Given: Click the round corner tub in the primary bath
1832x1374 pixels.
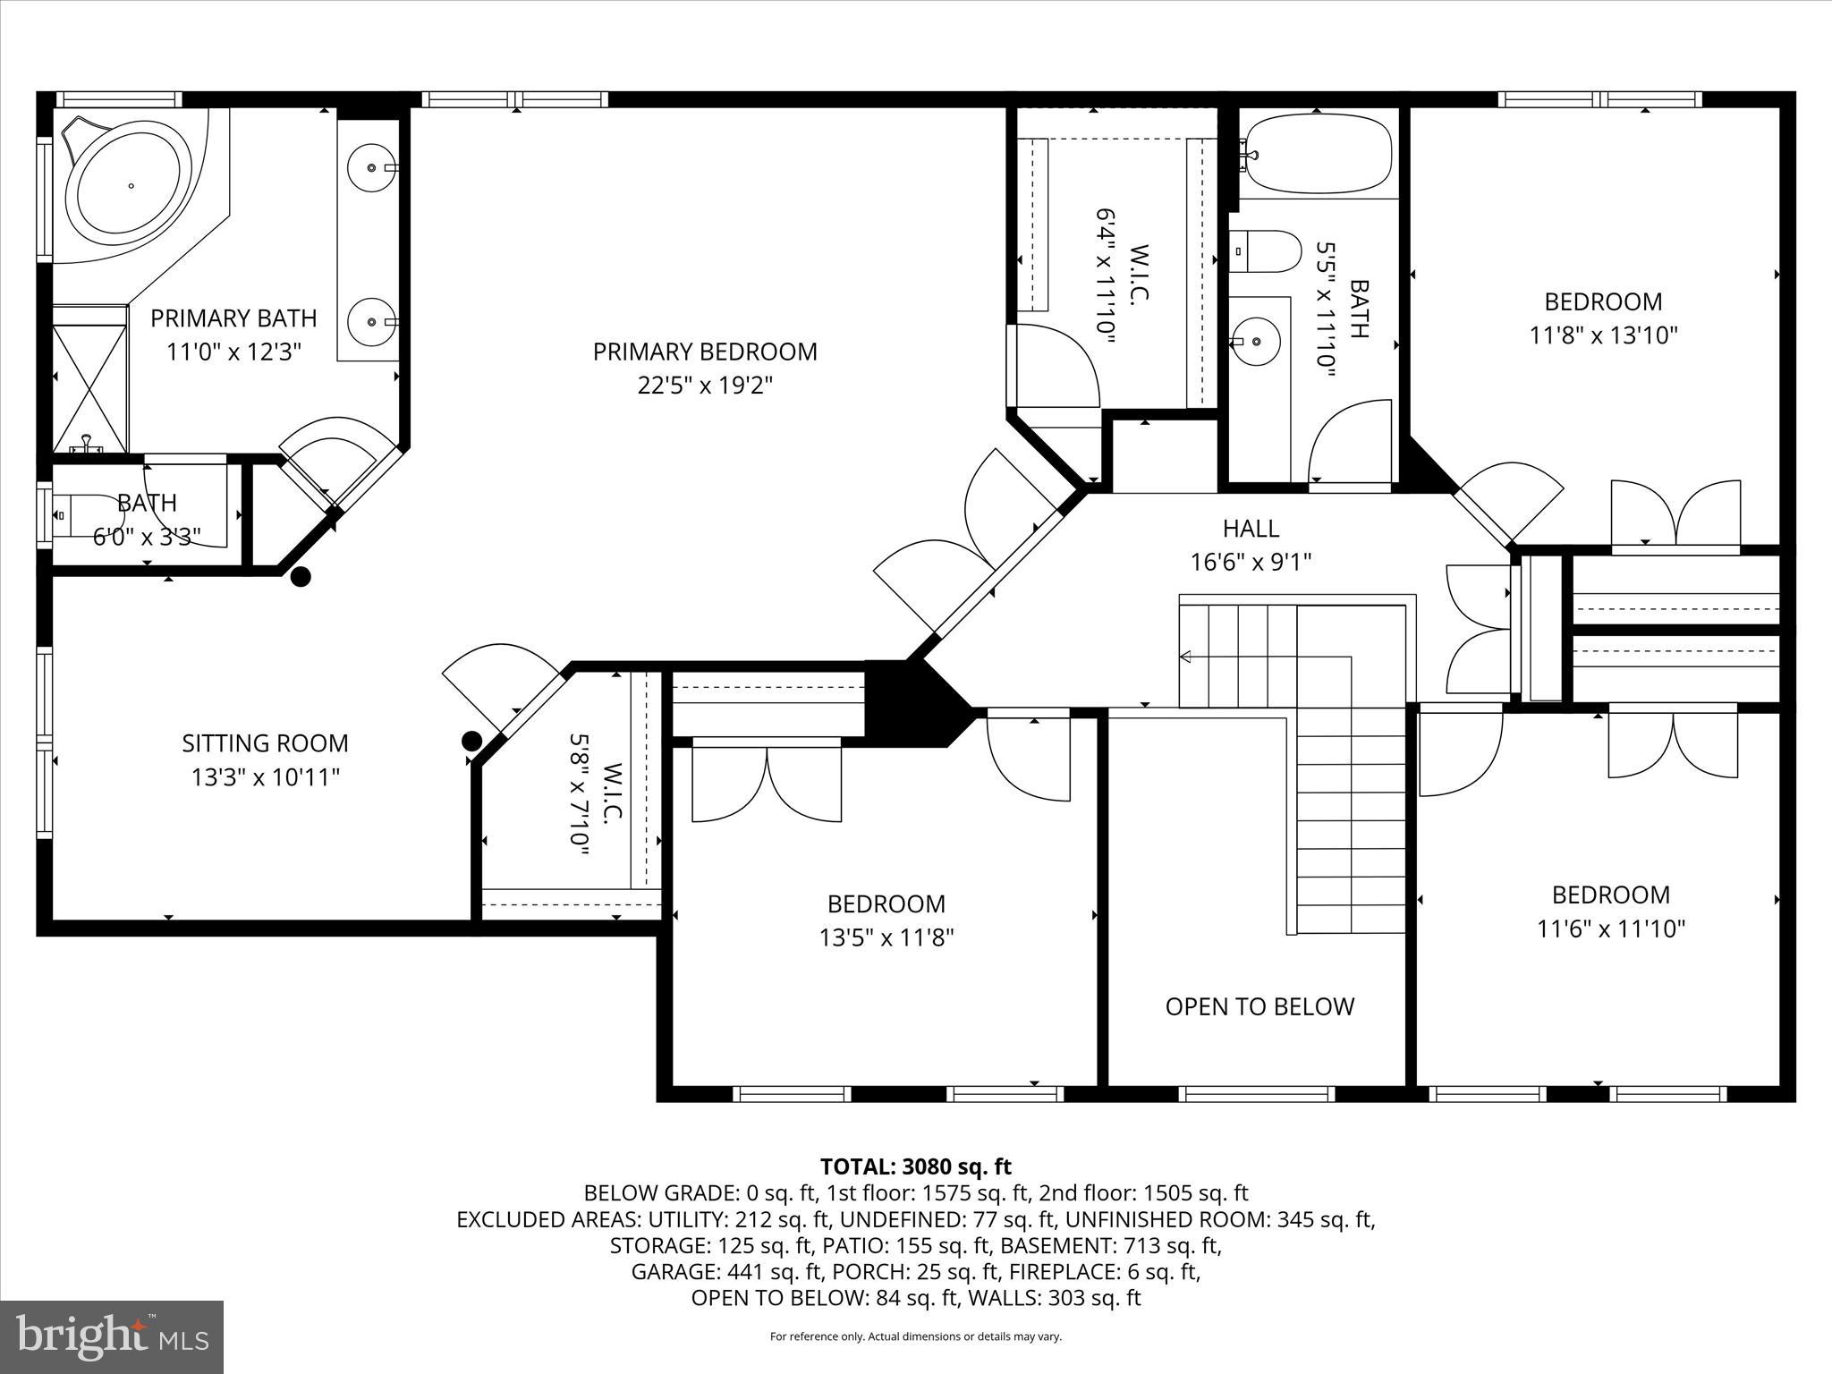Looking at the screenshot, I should coord(132,186).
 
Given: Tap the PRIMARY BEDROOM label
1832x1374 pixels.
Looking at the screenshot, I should coord(705,352).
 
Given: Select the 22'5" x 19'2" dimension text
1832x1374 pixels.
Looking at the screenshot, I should coord(705,386).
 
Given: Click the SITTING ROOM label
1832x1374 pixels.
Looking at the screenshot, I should coord(265,743).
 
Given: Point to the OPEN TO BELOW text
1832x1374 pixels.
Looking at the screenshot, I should coord(1259,1006).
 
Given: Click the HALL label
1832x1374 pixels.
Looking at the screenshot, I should coord(1251,529).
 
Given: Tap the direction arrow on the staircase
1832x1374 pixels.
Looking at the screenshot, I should coord(1186,657).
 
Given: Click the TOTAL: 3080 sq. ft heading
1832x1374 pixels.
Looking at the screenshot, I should coord(915,1166).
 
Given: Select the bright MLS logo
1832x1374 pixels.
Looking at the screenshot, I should coord(112,1336).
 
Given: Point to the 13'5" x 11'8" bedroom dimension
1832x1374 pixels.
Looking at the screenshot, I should coord(886,937).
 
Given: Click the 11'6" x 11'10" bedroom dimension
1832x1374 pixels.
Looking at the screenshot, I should coord(1610,929).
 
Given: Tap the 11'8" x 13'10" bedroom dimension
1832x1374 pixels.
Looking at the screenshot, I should coord(1603,335).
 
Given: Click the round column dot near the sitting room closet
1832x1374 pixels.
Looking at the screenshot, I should coord(471,741).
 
